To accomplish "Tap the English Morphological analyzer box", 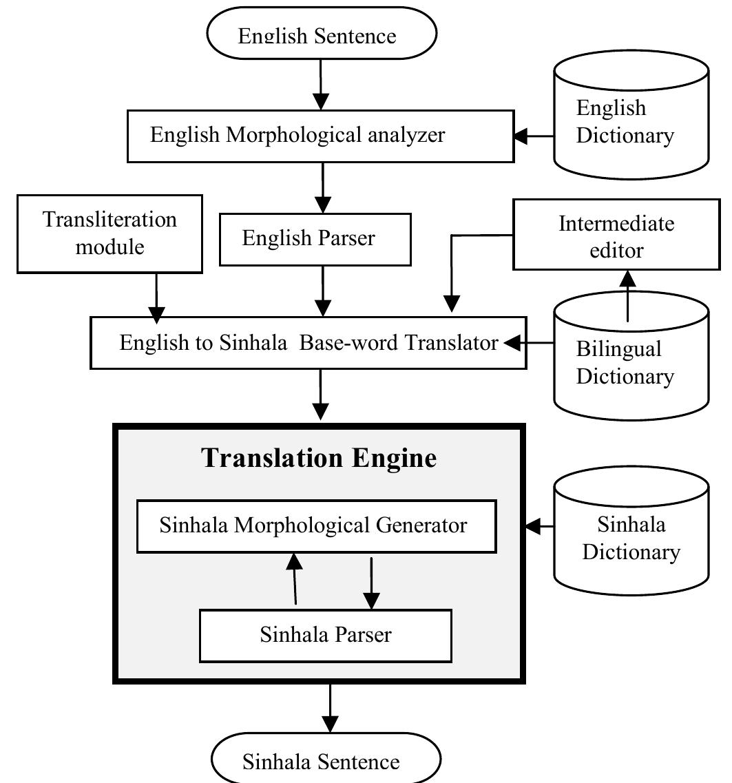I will [320, 136].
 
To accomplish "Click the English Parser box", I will [315, 239].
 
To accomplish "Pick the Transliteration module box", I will [110, 233].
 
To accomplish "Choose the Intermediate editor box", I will [616, 236].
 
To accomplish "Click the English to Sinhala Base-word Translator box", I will [309, 342].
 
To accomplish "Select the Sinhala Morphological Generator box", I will [316, 526].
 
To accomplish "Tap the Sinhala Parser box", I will [326, 635].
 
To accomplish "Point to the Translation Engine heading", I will [319, 458].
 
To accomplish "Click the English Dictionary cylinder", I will [631, 117].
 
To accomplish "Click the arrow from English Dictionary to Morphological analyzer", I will [534, 136].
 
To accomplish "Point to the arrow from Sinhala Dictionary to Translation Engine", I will [540, 528].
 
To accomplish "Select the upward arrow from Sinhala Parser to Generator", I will [295, 578].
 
